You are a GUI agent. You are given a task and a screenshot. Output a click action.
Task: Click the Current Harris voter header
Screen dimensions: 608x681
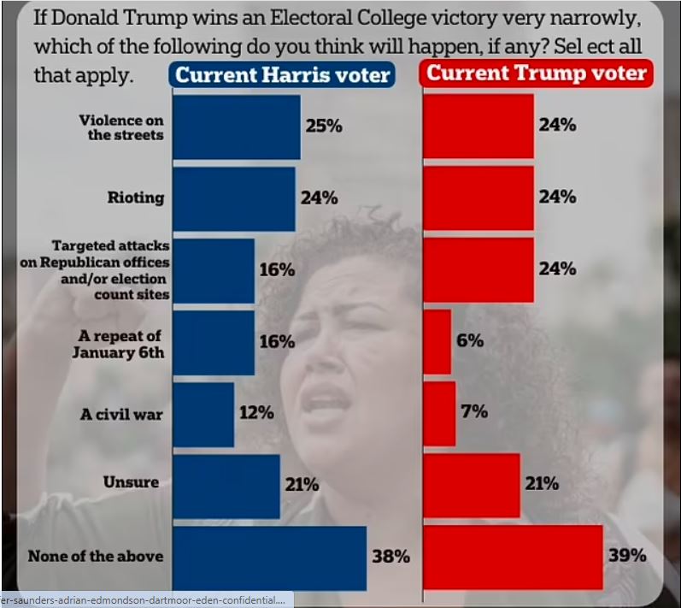pos(283,74)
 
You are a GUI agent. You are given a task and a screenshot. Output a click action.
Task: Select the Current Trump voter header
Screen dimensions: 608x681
pos(537,74)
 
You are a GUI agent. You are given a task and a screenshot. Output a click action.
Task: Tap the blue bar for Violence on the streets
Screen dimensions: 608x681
pos(236,127)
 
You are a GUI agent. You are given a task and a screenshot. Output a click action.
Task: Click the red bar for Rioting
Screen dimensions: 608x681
pos(478,198)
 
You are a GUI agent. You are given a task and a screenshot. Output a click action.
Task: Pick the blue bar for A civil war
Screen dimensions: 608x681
pos(203,414)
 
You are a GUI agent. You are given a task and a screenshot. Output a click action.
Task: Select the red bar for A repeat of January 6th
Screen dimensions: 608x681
pos(437,341)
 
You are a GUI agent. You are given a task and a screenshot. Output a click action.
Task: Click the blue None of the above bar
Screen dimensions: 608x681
pos(269,558)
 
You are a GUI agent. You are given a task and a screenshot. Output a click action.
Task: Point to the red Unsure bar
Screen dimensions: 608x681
pos(472,485)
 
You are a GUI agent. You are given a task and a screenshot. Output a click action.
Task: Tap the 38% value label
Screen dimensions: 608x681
pos(390,557)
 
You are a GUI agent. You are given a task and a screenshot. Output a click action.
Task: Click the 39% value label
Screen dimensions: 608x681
pos(627,556)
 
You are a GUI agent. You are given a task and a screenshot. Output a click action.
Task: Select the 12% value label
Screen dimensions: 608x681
pos(255,413)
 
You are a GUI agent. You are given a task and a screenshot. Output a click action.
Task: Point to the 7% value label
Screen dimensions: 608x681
pos(474,412)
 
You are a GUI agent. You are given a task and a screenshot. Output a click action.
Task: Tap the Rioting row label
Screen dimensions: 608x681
pos(135,198)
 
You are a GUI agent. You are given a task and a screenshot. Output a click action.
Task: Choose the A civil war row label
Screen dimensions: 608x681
pos(121,414)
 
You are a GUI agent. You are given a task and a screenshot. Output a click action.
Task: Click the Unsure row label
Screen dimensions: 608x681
pos(131,482)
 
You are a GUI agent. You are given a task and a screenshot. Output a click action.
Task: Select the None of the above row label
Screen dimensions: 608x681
pos(95,556)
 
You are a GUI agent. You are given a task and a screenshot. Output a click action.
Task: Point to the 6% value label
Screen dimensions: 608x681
pos(470,340)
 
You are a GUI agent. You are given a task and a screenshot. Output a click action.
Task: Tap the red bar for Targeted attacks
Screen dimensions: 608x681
pos(478,269)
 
